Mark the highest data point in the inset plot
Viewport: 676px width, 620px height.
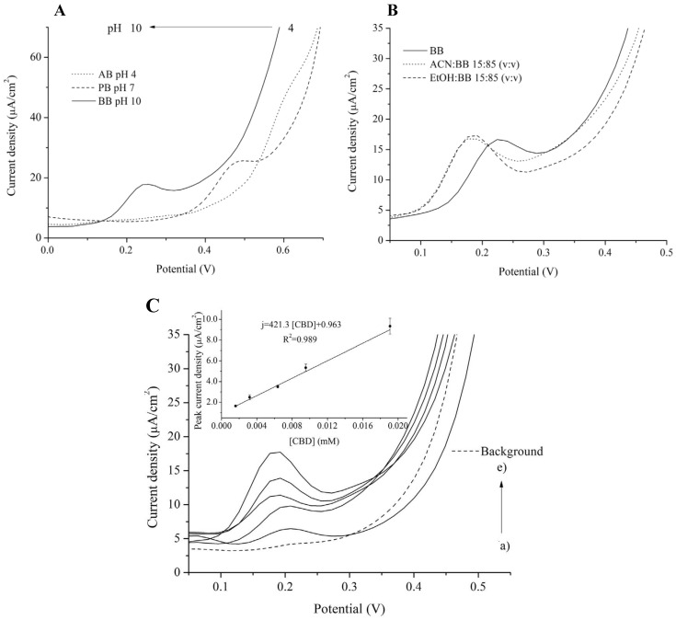(390, 327)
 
